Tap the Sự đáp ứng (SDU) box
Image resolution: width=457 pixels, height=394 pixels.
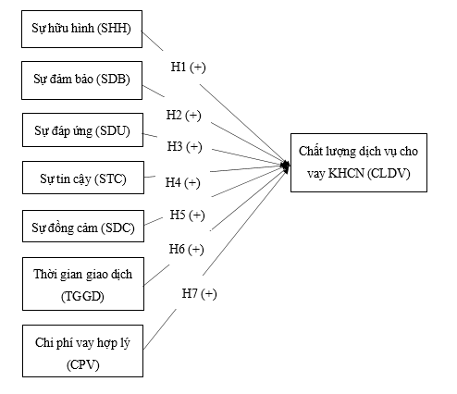coord(80,130)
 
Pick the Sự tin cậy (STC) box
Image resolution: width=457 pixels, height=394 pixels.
coord(80,178)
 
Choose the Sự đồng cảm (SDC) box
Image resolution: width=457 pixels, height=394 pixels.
coord(80,227)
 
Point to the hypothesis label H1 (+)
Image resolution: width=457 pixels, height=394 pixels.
coord(191,68)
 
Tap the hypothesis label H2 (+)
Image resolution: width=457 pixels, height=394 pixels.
coord(183,116)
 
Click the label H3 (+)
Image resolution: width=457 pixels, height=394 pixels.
coord(184,146)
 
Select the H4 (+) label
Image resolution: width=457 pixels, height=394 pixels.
coord(182,182)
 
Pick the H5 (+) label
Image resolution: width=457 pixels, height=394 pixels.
coord(187,215)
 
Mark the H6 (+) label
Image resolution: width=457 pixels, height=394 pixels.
coord(186,249)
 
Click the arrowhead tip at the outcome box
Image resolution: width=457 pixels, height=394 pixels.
coord(288,166)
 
